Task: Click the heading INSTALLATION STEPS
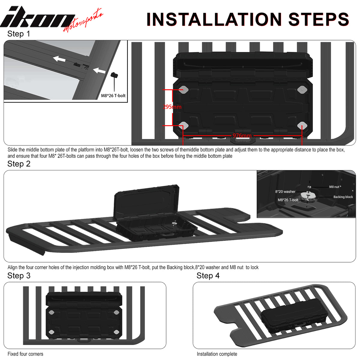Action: click(248, 19)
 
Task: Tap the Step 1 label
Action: click(19, 34)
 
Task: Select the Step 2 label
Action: click(19, 164)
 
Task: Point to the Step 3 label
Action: click(19, 276)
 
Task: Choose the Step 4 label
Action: click(208, 276)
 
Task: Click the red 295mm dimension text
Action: click(172, 107)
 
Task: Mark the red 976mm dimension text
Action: click(242, 135)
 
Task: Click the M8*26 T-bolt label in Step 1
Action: click(113, 96)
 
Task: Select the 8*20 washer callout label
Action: click(285, 191)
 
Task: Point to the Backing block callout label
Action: click(343, 197)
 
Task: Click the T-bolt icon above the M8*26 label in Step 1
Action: click(114, 75)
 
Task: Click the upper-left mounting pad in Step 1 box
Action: click(184, 89)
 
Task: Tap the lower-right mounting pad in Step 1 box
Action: click(302, 125)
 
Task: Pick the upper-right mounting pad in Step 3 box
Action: click(116, 312)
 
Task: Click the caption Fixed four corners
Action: click(25, 354)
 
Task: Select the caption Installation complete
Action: click(217, 354)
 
